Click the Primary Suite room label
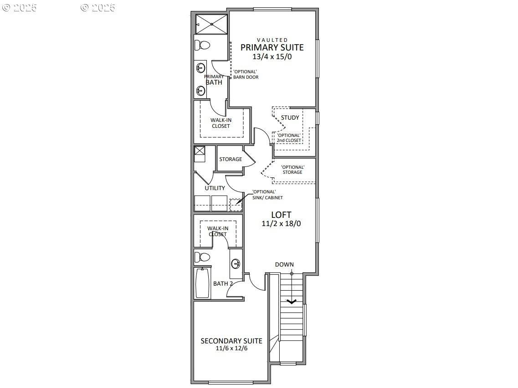(272, 47)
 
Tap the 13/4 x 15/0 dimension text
(272, 57)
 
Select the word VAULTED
(272, 40)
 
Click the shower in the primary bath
(211, 24)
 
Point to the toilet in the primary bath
(202, 45)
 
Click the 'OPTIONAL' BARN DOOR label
(246, 75)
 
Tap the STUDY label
(290, 118)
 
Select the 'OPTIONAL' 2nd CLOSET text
(289, 138)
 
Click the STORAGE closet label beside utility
(231, 159)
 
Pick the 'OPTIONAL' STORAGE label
(292, 170)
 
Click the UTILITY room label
(215, 188)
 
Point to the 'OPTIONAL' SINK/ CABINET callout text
(267, 195)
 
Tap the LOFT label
(281, 215)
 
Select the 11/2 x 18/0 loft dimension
(281, 224)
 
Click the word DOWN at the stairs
(284, 264)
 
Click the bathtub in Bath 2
(202, 283)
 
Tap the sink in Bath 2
(236, 263)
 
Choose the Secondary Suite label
(231, 341)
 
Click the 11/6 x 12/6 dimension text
(231, 348)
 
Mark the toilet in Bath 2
(202, 257)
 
